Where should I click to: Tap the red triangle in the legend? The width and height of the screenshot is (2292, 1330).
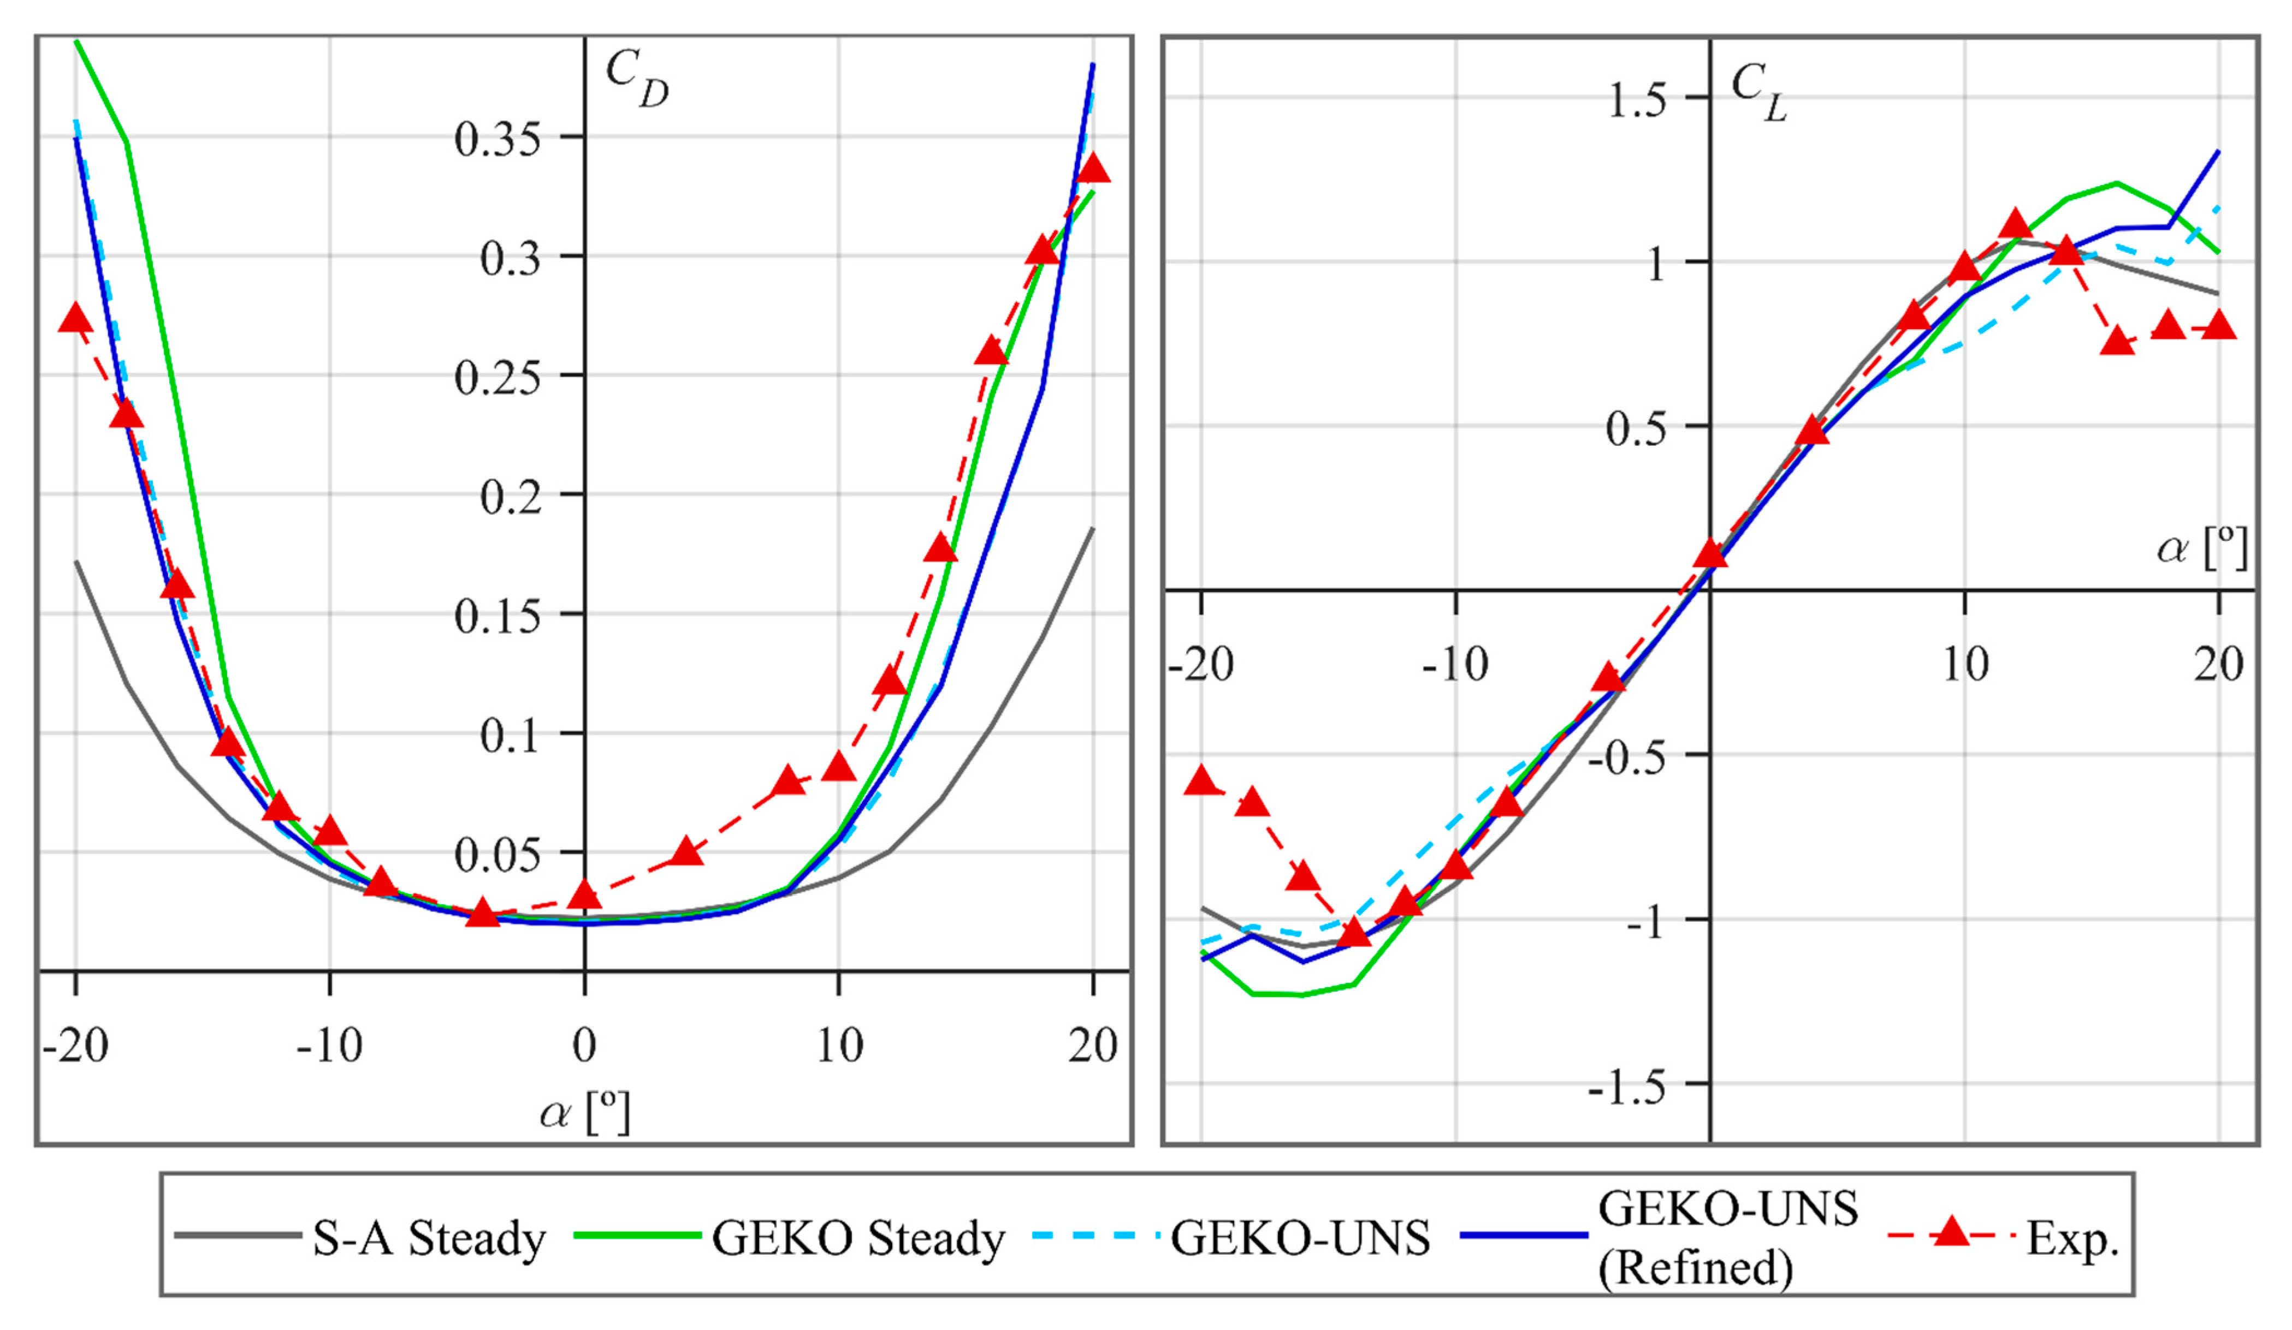1950,1233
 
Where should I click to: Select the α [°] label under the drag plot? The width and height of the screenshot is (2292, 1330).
584,1112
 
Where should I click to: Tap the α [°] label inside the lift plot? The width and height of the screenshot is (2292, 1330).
2201,548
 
